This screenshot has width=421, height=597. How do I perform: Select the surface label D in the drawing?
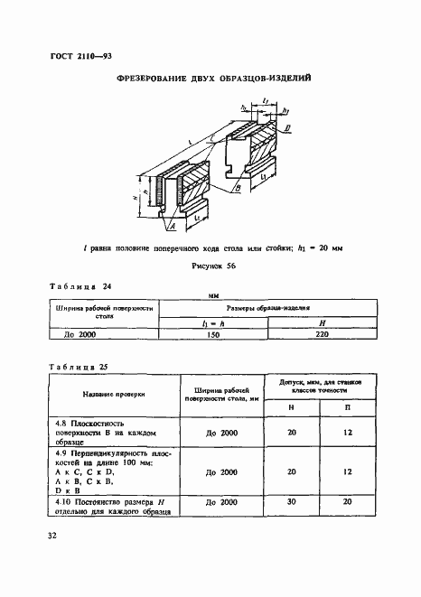[x=286, y=129]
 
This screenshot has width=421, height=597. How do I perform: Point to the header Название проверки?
[x=99, y=395]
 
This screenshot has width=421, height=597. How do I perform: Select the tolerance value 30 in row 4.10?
[x=292, y=502]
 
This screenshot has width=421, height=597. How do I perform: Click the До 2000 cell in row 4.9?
[x=221, y=471]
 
